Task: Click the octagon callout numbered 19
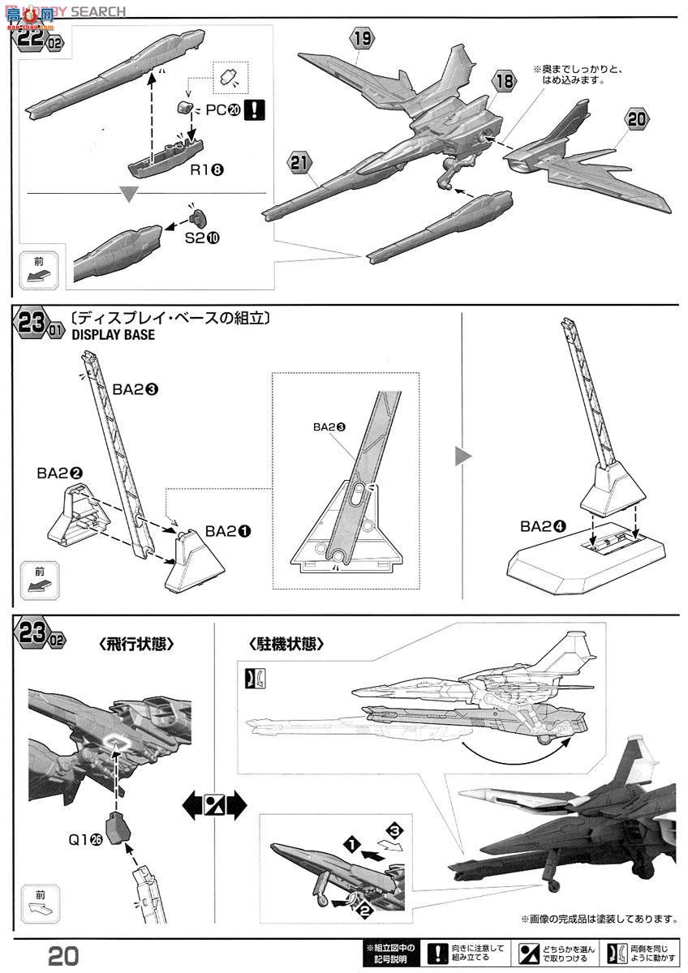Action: click(362, 37)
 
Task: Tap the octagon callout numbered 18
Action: click(504, 81)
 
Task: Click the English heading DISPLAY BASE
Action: click(113, 335)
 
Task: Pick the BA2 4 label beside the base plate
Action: click(543, 526)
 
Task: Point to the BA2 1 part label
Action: click(227, 531)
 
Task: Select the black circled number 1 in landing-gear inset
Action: click(350, 844)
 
